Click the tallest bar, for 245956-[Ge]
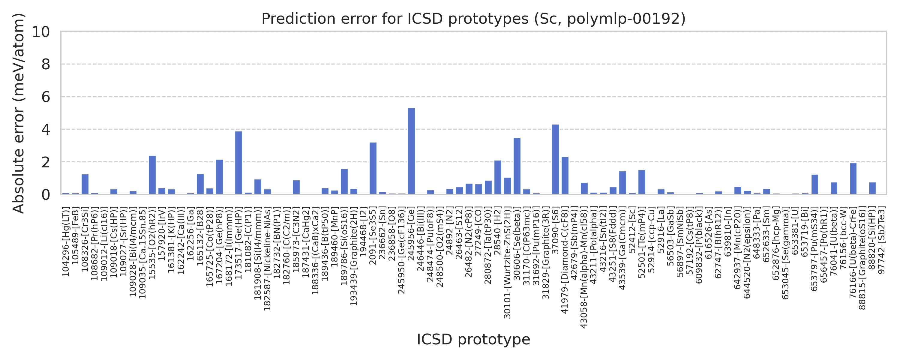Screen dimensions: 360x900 tap(411, 151)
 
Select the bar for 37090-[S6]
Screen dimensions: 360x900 tap(555, 159)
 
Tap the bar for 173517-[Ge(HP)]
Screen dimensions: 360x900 tap(238, 163)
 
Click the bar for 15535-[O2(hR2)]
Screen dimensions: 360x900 tap(152, 175)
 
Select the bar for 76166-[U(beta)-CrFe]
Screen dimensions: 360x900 tap(853, 178)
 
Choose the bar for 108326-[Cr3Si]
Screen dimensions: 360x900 tap(85, 184)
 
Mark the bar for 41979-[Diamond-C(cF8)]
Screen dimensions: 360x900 tap(565, 175)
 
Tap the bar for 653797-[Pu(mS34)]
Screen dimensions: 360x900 tap(814, 184)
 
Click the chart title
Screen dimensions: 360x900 tap(473, 19)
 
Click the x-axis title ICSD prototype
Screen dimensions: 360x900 tap(473, 339)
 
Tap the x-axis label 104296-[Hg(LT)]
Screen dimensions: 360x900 tap(66, 241)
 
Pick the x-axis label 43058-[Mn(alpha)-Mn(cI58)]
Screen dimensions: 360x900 tap(584, 268)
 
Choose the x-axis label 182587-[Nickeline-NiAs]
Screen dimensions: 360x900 tap(267, 259)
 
